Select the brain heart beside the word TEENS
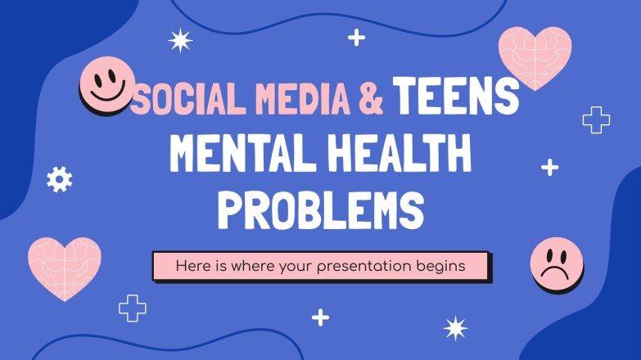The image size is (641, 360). (535, 56)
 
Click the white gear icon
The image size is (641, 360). (59, 178)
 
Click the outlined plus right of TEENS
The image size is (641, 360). (596, 120)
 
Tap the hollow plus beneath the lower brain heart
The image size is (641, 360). (133, 308)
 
